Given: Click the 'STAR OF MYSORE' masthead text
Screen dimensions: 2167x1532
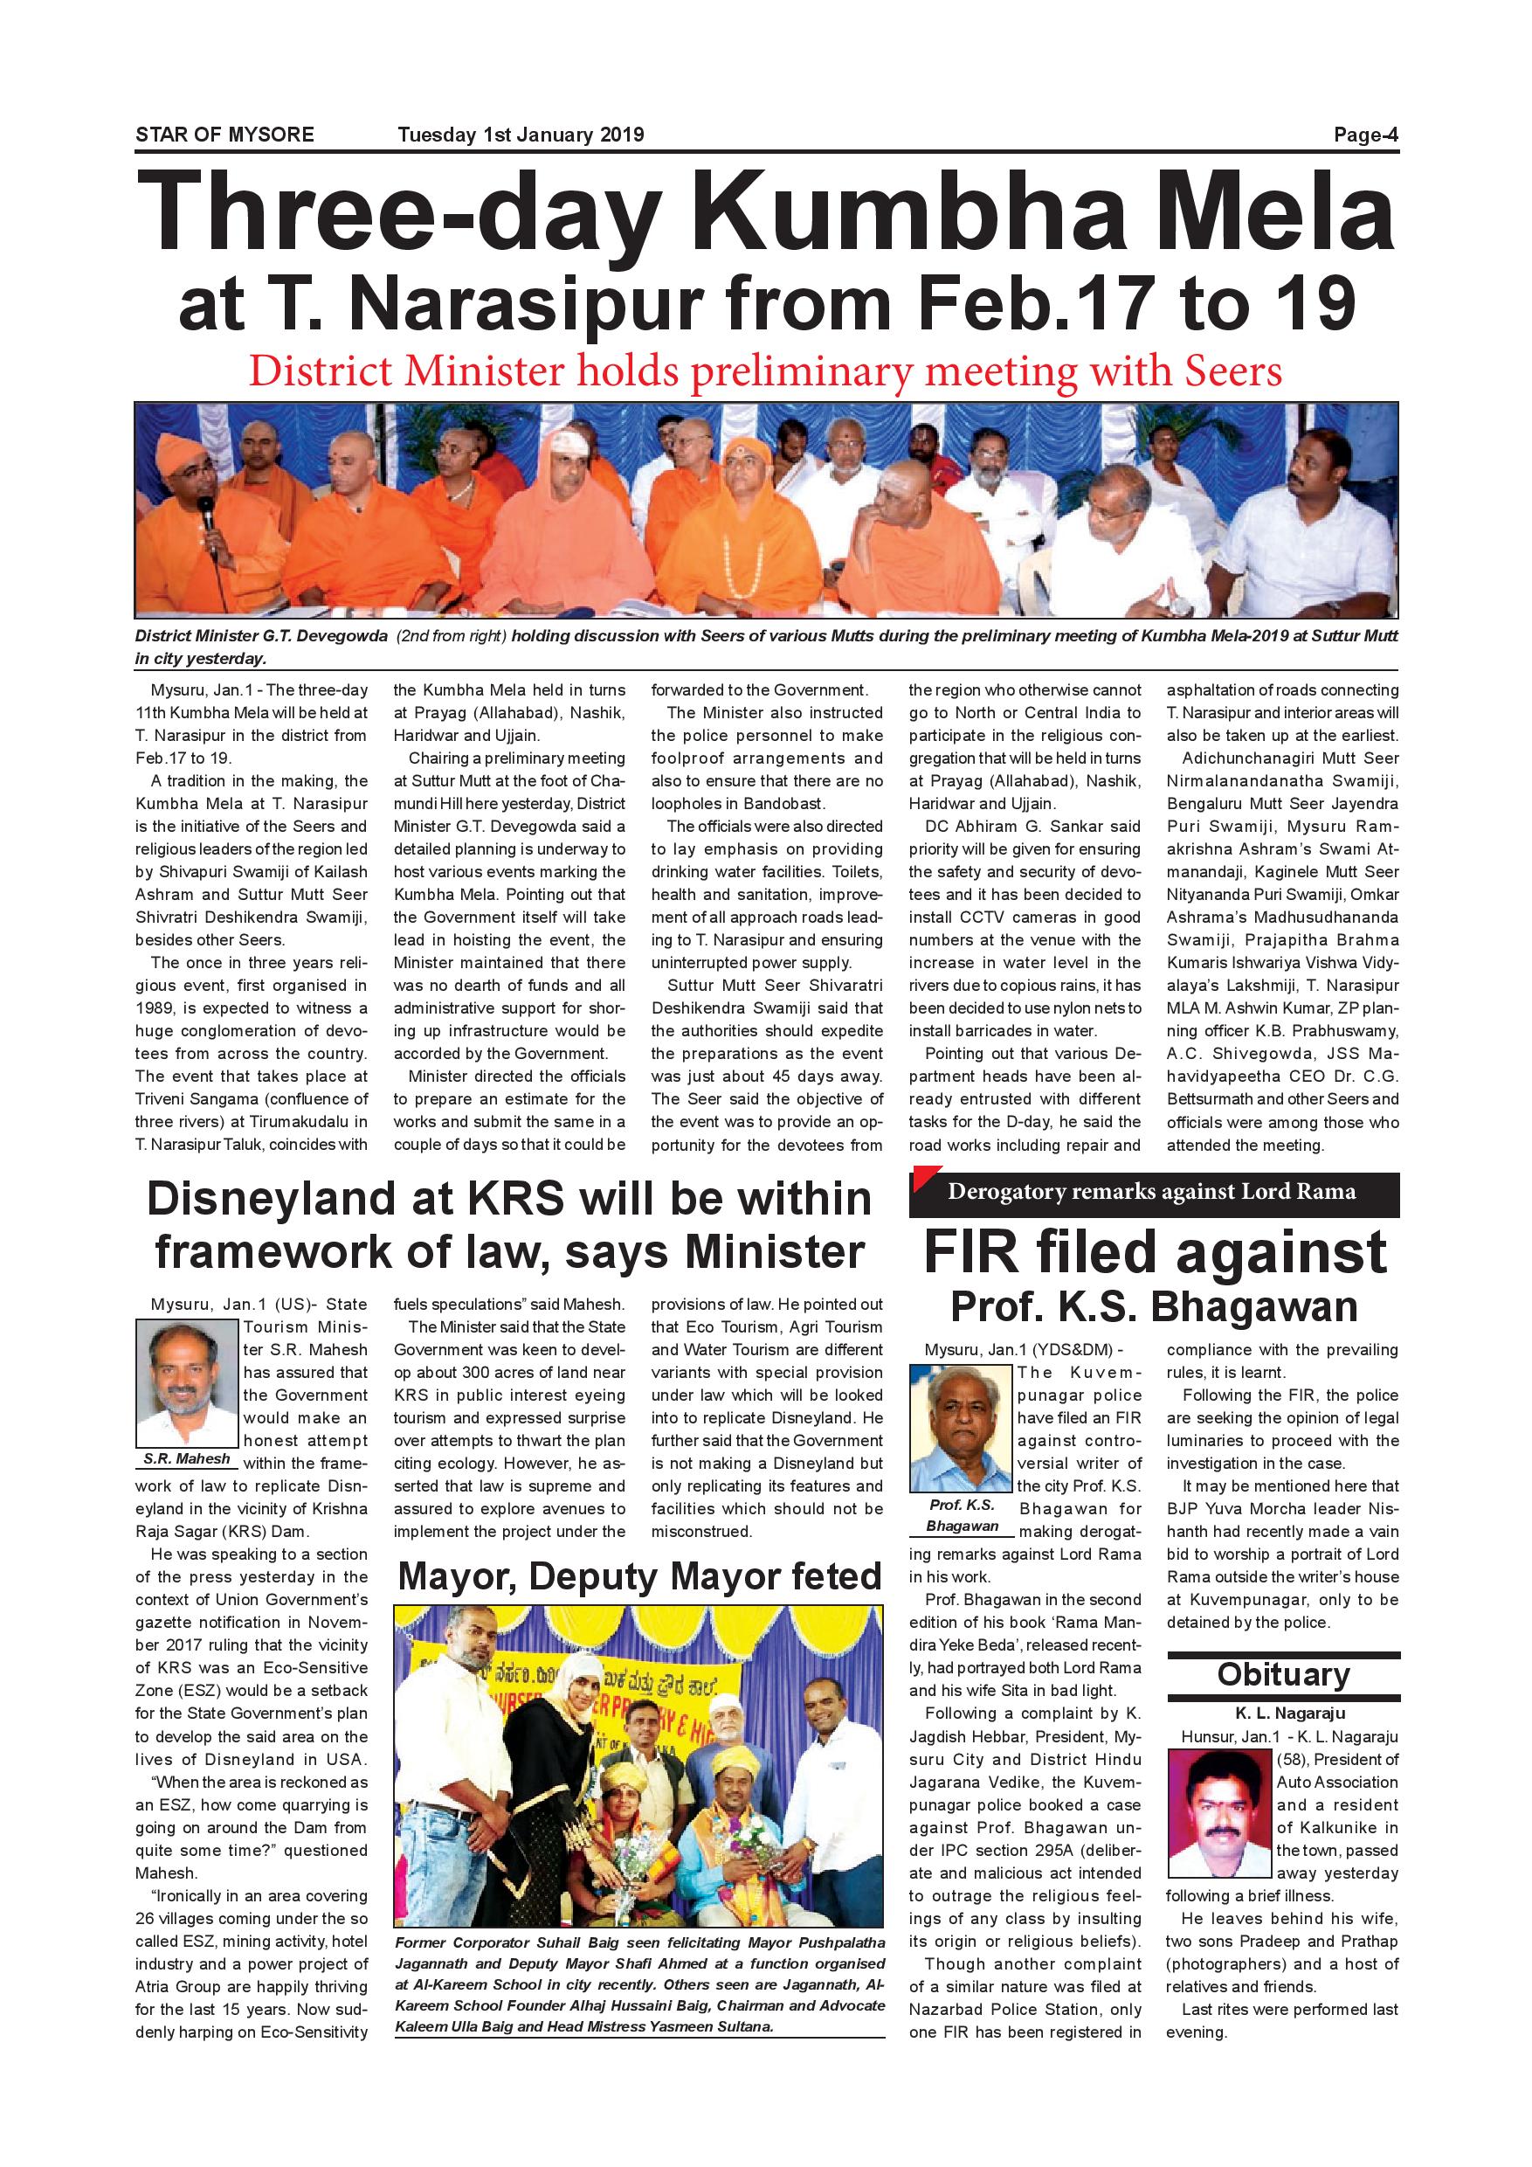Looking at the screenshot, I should pos(224,135).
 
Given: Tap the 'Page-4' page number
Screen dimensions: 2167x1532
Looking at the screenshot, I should pos(1365,135).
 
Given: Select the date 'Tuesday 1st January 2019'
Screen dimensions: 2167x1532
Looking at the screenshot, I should pos(521,135).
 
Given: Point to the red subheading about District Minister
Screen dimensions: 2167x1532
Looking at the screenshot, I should pos(765,372).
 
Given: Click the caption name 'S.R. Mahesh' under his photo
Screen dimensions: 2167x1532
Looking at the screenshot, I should pos(187,1458).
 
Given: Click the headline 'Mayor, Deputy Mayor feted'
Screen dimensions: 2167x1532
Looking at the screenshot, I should pos(639,1576).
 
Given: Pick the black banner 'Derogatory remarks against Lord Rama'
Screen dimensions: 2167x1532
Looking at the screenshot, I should pos(1153,1192).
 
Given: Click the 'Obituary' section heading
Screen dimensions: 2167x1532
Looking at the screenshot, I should pos(1283,1674).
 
